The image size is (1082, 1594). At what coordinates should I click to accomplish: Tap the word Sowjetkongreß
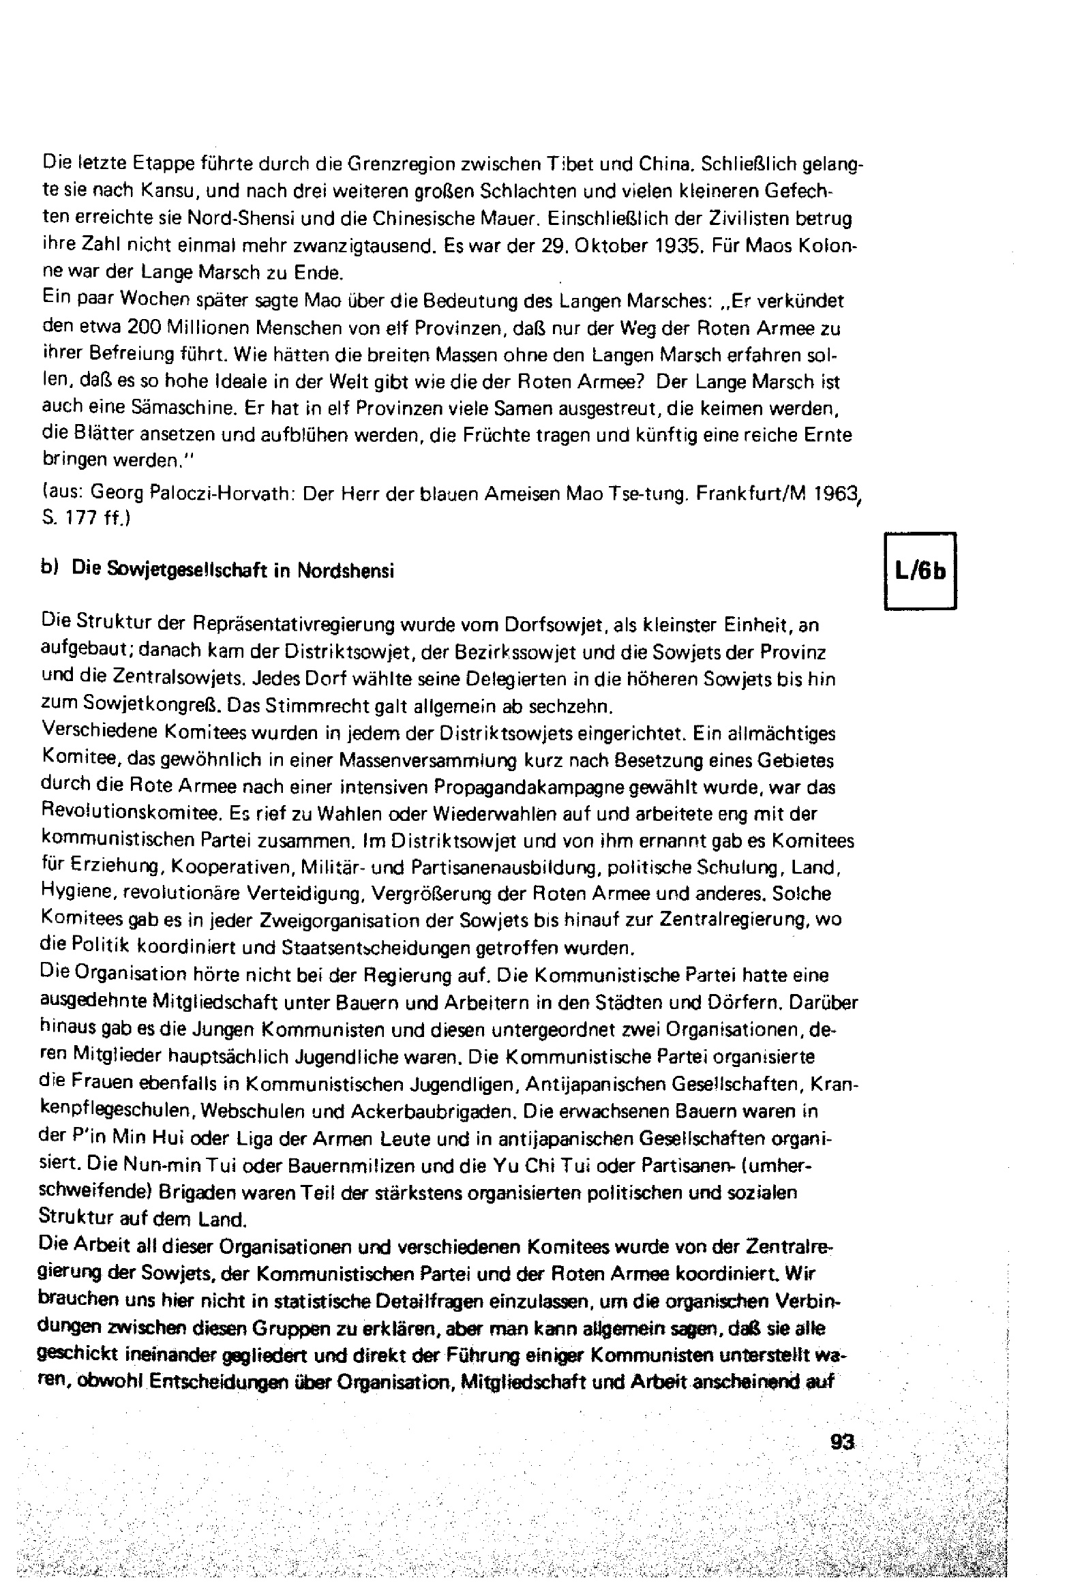149,705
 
